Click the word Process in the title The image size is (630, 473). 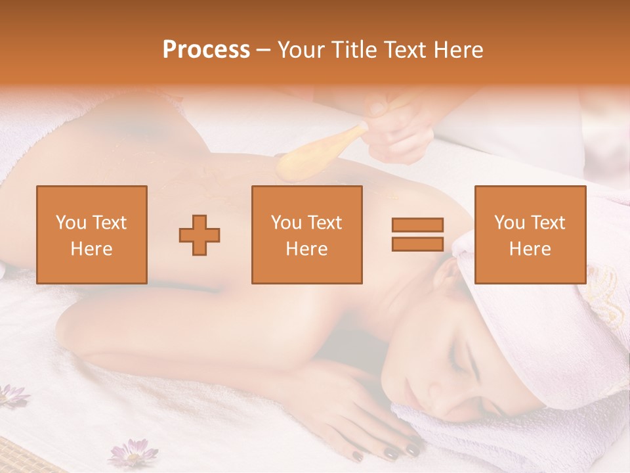pyautogui.click(x=206, y=50)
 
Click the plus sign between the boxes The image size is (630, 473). pyautogui.click(x=199, y=235)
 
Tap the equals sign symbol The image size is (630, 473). pyautogui.click(x=417, y=235)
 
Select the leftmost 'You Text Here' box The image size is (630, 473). pyautogui.click(x=92, y=235)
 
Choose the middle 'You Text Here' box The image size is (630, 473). pyautogui.click(x=307, y=235)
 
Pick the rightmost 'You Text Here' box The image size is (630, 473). pyautogui.click(x=530, y=235)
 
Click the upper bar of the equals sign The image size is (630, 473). pyautogui.click(x=417, y=225)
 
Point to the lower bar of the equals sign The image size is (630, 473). pyautogui.click(x=417, y=244)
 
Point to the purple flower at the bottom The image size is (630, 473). pyautogui.click(x=133, y=453)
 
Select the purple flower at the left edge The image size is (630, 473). pyautogui.click(x=12, y=395)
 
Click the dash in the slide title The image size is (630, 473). pyautogui.click(x=264, y=50)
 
